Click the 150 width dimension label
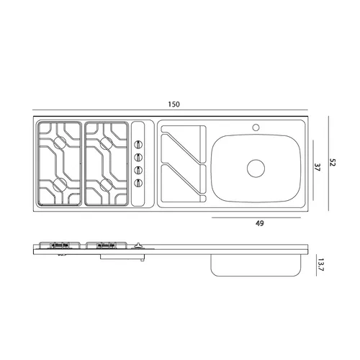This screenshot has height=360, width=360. coord(174,104)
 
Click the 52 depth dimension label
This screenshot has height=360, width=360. coord(333,162)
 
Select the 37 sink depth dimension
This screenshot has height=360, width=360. coord(318,167)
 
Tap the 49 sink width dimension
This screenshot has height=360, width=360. coord(260,223)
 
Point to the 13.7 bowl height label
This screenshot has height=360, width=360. coord(321,264)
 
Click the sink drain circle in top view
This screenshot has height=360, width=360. coord(256,168)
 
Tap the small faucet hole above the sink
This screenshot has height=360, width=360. coord(256,127)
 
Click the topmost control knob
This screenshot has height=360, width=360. coord(138,145)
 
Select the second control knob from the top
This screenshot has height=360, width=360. coord(138,158)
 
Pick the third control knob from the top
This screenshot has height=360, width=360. coord(138,170)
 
